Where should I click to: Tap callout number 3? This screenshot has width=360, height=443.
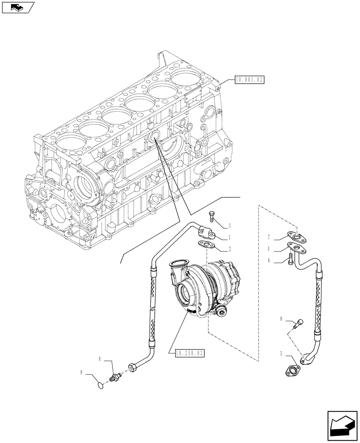coord(230,225)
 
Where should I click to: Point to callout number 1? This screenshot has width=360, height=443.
coord(230,237)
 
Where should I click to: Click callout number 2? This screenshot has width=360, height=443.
coord(230,249)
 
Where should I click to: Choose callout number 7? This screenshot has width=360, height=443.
coord(269,238)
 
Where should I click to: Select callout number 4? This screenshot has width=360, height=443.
coord(269,249)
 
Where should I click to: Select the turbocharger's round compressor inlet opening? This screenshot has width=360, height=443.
coord(187,295)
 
